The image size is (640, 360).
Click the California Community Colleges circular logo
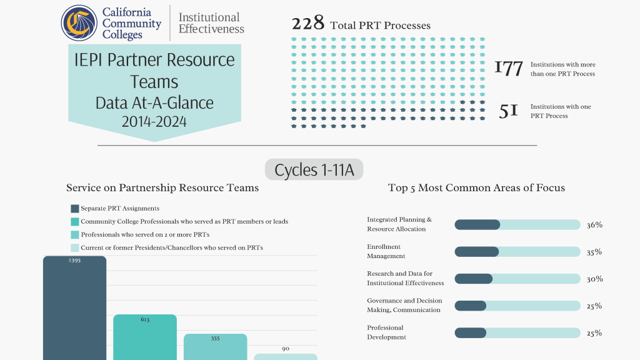79,23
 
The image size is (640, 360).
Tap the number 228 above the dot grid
308,23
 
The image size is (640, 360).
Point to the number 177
509,69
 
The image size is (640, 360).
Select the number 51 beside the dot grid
509,111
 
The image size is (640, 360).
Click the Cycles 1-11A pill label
314,169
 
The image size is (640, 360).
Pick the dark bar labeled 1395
75,308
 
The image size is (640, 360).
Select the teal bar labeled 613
145,337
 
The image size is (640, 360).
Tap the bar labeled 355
215,347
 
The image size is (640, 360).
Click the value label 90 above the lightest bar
286,349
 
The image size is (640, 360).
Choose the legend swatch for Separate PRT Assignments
75,209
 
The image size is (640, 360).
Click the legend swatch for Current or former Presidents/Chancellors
75,247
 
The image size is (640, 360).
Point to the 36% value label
594,225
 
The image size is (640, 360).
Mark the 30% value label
594,279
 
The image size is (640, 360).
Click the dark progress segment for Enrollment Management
477,252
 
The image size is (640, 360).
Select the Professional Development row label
386,332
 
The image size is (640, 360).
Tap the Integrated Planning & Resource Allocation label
399,224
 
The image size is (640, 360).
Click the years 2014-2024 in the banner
154,122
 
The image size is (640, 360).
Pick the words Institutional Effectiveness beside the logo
211,23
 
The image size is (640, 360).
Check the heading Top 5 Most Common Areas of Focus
476,187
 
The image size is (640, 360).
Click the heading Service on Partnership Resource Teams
162,187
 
